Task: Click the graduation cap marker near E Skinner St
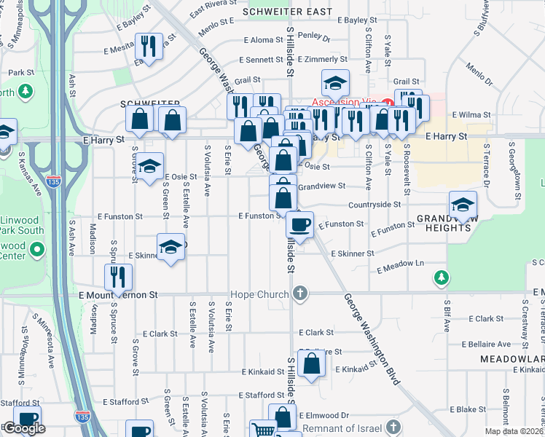(170, 248)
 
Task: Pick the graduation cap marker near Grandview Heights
(462, 205)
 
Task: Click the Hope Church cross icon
(299, 294)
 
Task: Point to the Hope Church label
(259, 294)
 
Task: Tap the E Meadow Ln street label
(400, 266)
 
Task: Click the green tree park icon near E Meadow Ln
(441, 277)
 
